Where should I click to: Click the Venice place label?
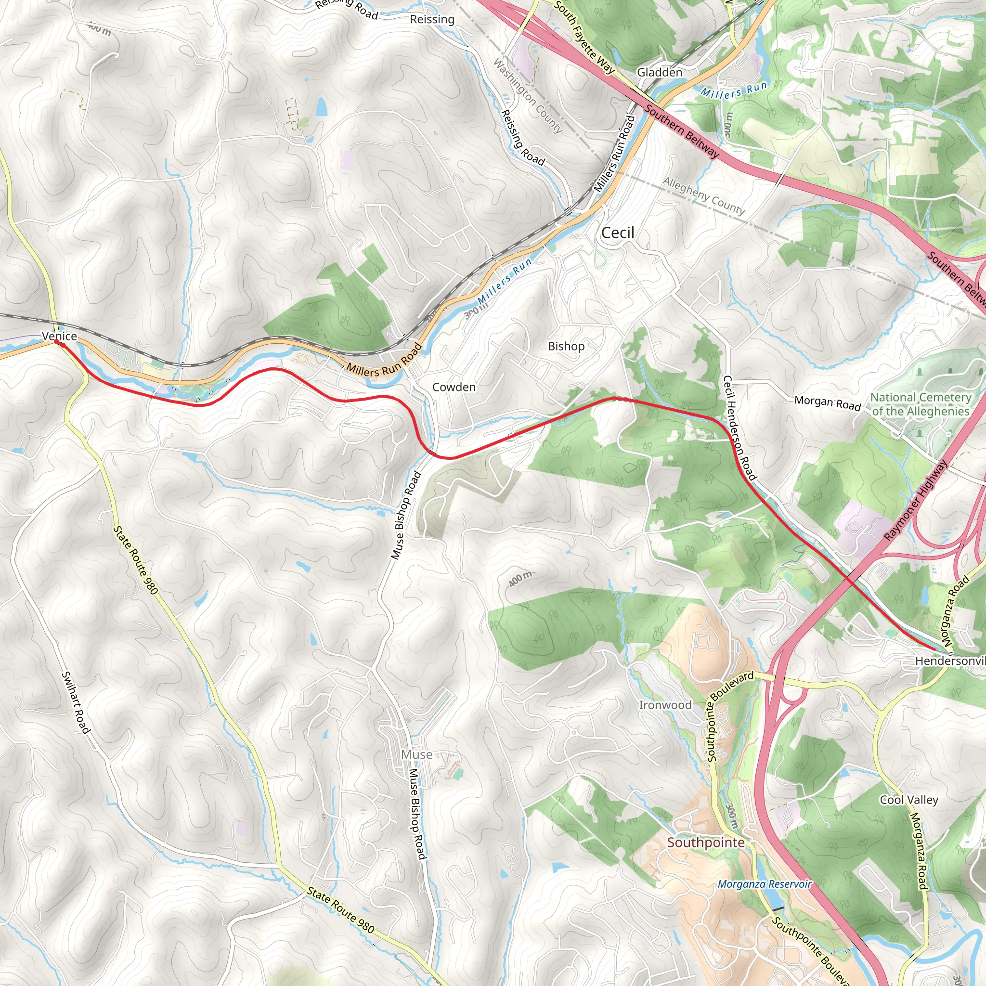point(60,336)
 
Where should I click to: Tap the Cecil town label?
point(618,233)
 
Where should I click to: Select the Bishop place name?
point(566,346)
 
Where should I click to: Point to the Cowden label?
point(454,387)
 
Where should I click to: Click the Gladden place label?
point(660,73)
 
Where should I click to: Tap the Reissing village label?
point(432,19)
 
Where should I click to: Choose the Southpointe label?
point(705,842)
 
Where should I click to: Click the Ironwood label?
point(665,705)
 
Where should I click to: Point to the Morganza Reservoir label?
point(764,884)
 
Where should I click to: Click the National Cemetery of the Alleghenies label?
point(920,404)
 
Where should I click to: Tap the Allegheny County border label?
point(704,196)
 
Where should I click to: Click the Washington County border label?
point(528,95)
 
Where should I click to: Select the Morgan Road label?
point(827,402)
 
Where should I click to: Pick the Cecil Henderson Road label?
point(739,428)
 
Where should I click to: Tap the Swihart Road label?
point(76,703)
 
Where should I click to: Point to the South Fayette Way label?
point(584,37)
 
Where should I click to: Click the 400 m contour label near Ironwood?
point(520,579)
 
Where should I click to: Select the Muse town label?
point(416,754)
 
